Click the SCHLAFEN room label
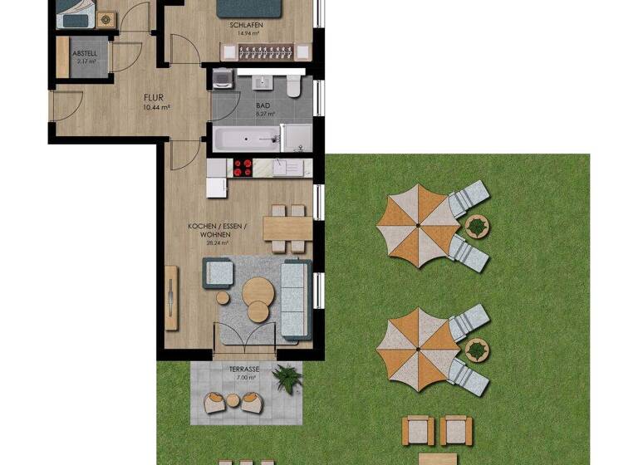point(246,26)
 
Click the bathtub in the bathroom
point(246,139)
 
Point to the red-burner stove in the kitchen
point(243,169)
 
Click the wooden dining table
point(287,228)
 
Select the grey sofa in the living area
point(295,297)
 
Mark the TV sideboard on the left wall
point(171,296)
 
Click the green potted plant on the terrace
point(287,378)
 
